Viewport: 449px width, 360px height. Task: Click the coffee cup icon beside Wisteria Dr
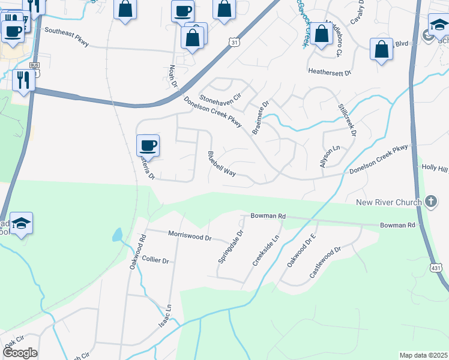pos(148,145)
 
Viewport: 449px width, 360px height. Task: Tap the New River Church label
pos(389,202)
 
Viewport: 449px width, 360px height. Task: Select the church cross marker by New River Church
pos(430,202)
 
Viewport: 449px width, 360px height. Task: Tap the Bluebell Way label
pos(221,164)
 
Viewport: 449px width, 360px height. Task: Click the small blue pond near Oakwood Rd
pos(118,235)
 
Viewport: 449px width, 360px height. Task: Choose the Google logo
pos(20,353)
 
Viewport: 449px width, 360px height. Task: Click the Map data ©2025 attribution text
pos(423,355)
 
